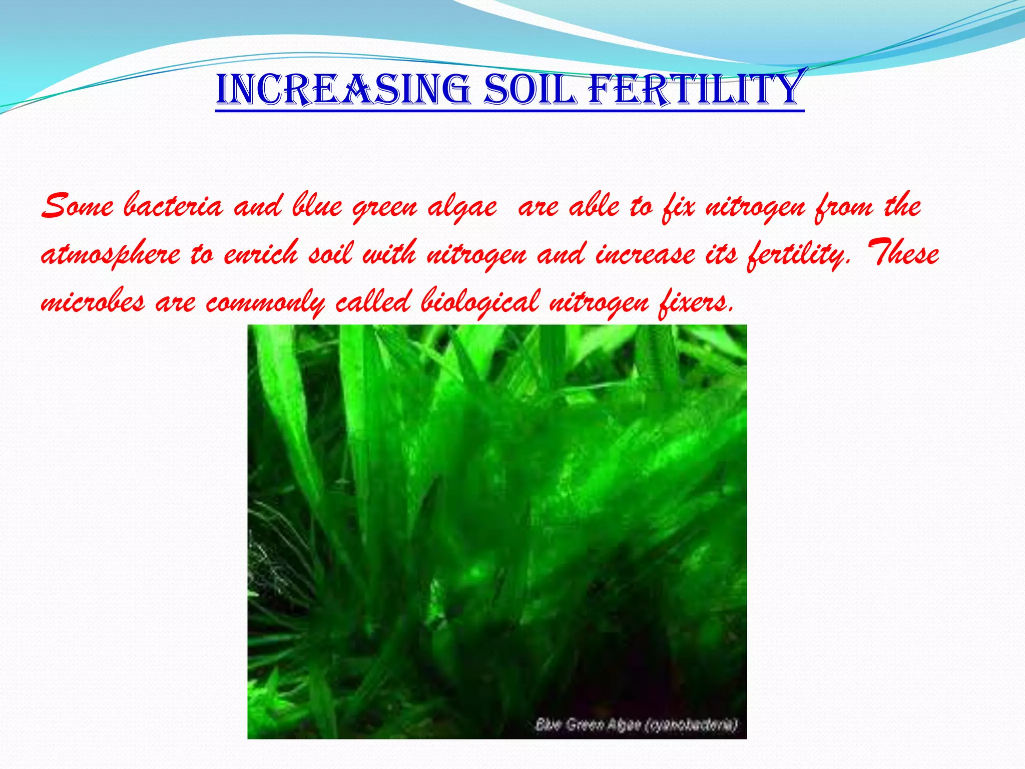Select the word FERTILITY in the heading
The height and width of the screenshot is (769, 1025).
(x=696, y=89)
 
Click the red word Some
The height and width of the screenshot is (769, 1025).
(x=77, y=206)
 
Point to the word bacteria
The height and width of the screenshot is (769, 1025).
(x=173, y=206)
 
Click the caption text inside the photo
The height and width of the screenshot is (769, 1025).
(x=636, y=724)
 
